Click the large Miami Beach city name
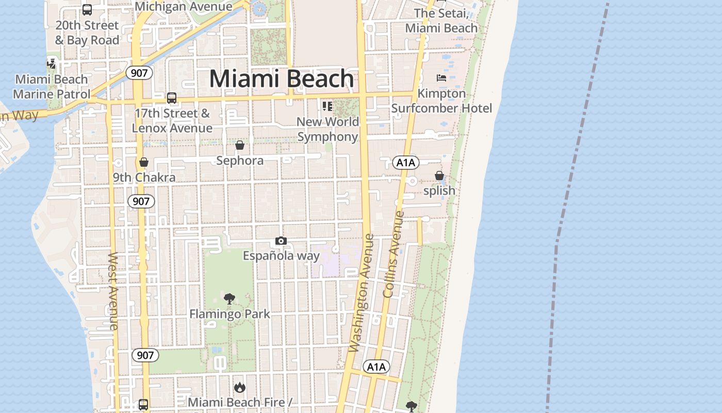282,79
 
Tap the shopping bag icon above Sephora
240,145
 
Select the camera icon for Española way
281,241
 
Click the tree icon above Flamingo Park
229,298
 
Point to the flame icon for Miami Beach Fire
240,387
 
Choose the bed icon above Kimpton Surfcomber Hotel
441,78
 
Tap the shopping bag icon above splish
439,176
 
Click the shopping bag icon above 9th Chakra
144,162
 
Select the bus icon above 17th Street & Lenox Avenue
172,98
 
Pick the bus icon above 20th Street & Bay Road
87,9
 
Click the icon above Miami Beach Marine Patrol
51,63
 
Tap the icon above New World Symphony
327,106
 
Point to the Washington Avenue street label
361,293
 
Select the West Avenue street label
113,291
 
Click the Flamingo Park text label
229,314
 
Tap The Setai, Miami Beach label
441,21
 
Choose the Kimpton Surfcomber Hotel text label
441,101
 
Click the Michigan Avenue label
183,6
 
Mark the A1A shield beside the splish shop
406,163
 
